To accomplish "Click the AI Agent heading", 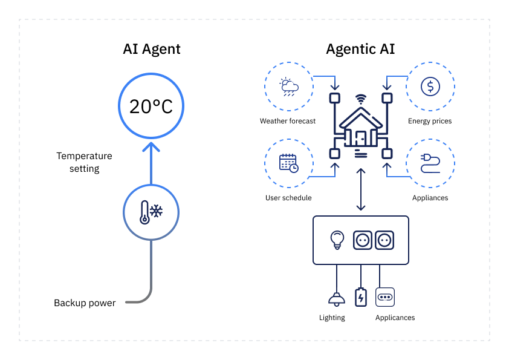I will (151, 49).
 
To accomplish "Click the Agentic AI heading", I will (360, 49).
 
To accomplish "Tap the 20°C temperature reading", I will (151, 106).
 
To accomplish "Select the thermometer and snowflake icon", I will (151, 211).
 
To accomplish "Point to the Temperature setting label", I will (85, 162).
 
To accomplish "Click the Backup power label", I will (85, 303).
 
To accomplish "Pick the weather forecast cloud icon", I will (288, 86).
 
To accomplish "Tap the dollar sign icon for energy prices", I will (430, 86).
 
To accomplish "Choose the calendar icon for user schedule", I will (288, 163).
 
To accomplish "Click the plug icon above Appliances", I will (430, 163).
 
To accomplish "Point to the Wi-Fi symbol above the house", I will (360, 98).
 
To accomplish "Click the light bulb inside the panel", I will (336, 240).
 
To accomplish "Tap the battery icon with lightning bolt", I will (361, 297).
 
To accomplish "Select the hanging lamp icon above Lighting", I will (334, 298).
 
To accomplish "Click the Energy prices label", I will (430, 121).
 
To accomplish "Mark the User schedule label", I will (288, 198).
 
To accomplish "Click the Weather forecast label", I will (288, 121).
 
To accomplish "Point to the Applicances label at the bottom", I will (395, 318).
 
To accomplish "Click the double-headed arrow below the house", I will (361, 190).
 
